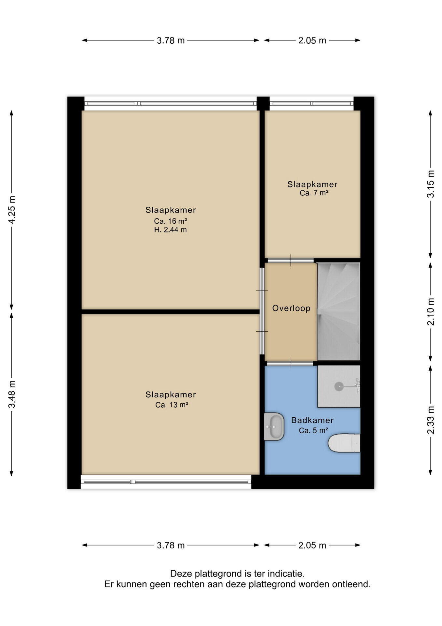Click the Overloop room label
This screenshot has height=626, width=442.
point(291,308)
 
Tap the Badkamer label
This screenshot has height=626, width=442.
point(312,420)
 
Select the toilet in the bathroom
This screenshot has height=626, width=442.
point(344,443)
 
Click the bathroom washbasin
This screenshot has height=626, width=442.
point(274,426)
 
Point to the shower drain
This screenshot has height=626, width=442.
point(339,386)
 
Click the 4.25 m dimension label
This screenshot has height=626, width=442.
point(12,210)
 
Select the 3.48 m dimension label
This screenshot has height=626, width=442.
point(12,394)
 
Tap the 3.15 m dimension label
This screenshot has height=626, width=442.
point(431,184)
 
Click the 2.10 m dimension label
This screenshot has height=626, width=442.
point(431,312)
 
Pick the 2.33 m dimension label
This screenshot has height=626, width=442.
point(431,420)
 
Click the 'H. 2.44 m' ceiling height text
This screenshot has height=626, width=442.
point(171,230)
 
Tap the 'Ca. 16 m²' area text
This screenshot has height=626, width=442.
point(171,221)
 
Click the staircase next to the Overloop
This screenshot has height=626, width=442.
point(339,311)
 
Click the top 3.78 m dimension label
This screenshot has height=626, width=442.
point(171,40)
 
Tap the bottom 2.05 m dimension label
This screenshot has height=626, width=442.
point(312,545)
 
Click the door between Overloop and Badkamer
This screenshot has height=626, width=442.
point(290,363)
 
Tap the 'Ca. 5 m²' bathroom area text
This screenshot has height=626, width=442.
point(313,431)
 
